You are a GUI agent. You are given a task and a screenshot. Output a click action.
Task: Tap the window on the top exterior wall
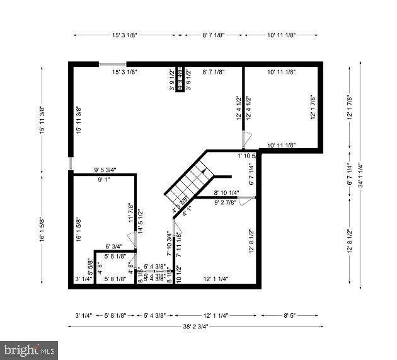pos(112,64)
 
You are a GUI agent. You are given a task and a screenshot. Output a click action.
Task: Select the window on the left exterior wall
pos(71,163)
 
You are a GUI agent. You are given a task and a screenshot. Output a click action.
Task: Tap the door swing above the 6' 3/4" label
pos(131,240)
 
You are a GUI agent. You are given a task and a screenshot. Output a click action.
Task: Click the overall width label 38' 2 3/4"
pos(195,326)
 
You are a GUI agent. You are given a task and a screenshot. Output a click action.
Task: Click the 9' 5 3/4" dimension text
pos(106,170)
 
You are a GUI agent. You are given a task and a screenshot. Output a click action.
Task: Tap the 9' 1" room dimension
pos(104,180)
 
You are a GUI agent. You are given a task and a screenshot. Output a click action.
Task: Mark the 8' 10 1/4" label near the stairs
pos(226,193)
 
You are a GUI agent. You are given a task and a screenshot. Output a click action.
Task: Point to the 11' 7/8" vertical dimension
pos(131,212)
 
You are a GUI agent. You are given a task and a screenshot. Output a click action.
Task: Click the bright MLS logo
pos(29,350)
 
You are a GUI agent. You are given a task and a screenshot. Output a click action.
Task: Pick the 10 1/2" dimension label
pos(178,276)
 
